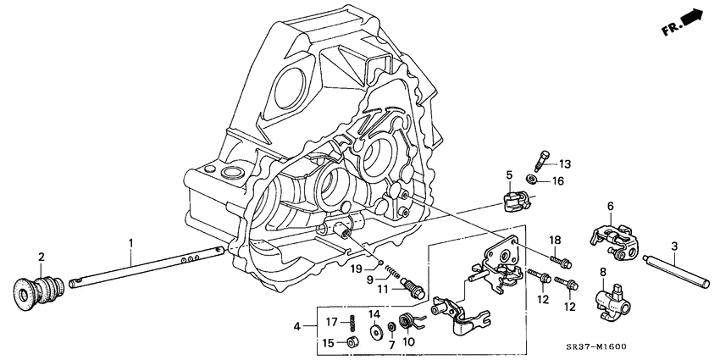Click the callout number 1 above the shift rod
[x=130, y=242]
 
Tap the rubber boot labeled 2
[x=37, y=289]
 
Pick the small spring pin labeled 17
[x=349, y=323]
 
